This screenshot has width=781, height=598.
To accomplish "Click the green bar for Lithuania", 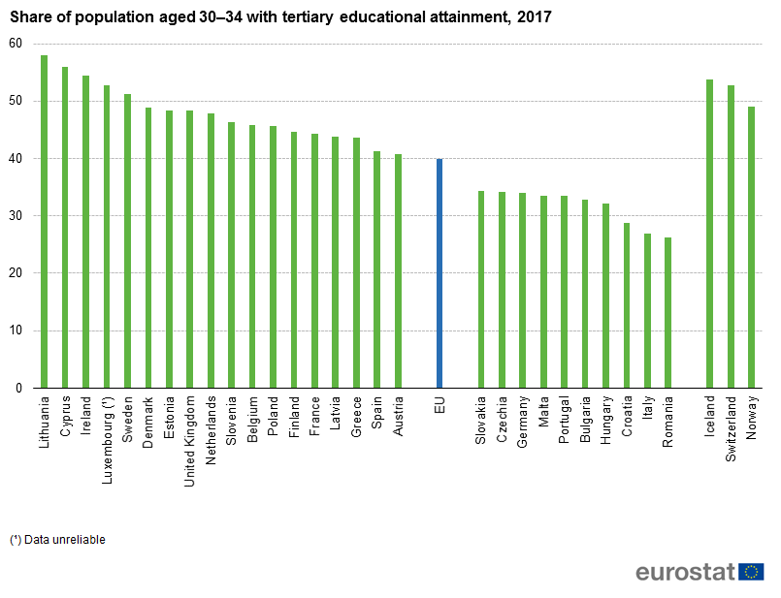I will tap(44, 222).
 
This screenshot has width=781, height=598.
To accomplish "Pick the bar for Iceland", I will tap(709, 234).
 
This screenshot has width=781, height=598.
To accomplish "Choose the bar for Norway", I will tap(751, 247).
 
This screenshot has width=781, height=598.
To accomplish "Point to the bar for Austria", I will tap(398, 271).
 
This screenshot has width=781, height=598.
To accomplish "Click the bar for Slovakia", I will tap(481, 290).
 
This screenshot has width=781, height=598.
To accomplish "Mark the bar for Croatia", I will tap(627, 305).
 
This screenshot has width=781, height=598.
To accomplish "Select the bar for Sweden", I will tap(127, 241).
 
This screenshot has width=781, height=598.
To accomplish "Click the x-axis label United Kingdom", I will tap(190, 426).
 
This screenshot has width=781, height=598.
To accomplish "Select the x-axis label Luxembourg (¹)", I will tap(107, 425).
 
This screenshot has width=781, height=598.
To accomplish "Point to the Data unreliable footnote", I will tap(57, 540).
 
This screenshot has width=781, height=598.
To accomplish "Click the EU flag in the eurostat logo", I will tap(751, 573).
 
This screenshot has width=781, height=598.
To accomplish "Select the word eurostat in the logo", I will tap(685, 573).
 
